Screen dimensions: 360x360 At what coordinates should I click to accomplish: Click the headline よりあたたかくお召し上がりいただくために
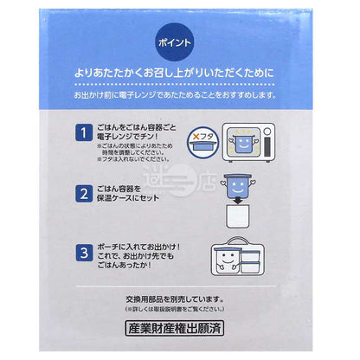click(x=180, y=74)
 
